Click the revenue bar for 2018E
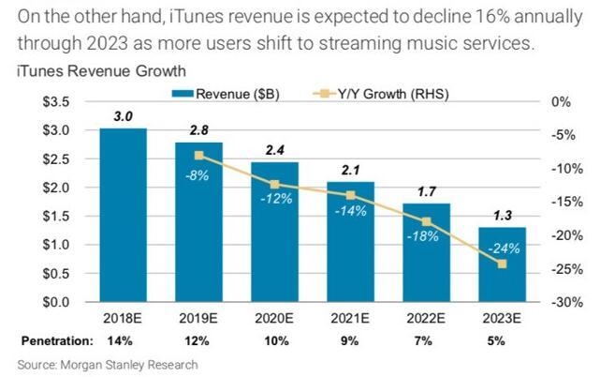coord(123,216)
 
